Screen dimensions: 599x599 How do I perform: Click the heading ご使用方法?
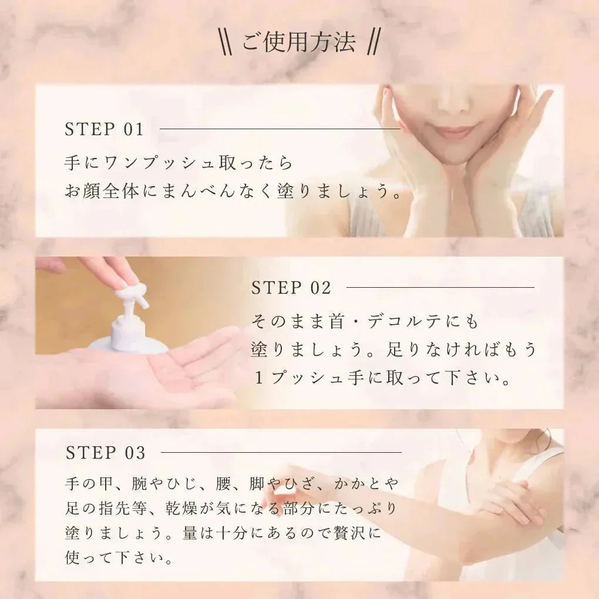298,42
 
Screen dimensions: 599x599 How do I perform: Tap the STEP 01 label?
105,129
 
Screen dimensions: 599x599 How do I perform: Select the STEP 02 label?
291,288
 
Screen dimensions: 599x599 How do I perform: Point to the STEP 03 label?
106,453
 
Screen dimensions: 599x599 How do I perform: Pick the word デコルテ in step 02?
405,322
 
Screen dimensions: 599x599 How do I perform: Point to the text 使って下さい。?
119,558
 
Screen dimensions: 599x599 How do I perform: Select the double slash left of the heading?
226,42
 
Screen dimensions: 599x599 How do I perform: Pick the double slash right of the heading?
372,42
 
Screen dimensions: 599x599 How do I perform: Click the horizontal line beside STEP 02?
440,287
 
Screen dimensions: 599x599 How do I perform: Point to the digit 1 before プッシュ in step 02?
259,379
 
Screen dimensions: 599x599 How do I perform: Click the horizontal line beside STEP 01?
280,129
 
